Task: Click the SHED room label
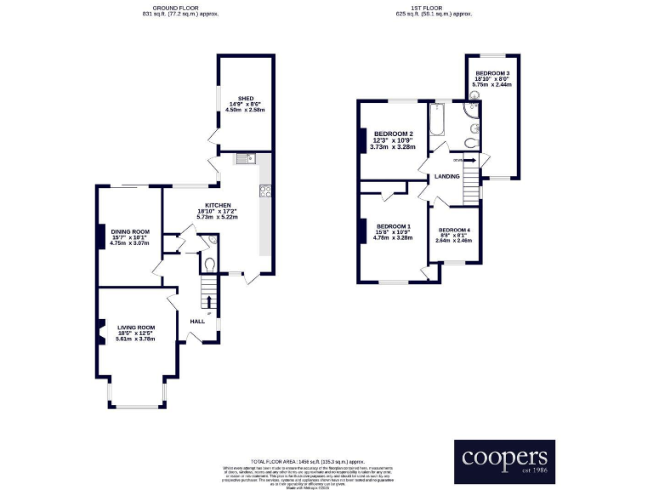pyautogui.click(x=247, y=98)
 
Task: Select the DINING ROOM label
pyautogui.click(x=131, y=231)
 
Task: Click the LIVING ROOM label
pyautogui.click(x=136, y=327)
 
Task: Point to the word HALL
pyautogui.click(x=198, y=322)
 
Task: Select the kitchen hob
pyautogui.click(x=265, y=191)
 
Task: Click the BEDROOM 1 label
pyautogui.click(x=393, y=225)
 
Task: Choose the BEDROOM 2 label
pyautogui.click(x=393, y=134)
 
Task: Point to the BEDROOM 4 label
pyautogui.click(x=453, y=230)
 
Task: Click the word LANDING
pyautogui.click(x=447, y=176)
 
